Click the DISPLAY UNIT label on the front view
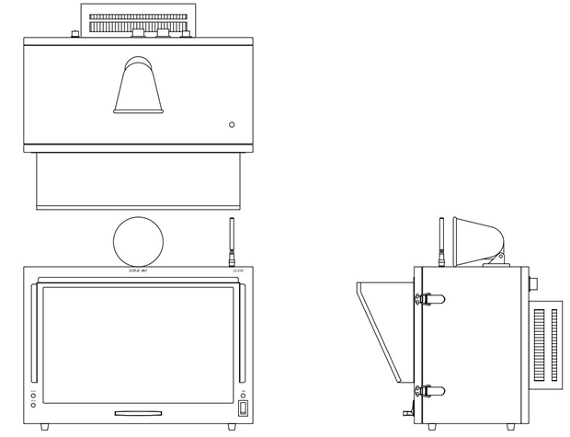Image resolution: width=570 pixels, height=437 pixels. [138, 270]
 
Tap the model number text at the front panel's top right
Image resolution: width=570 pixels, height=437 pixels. [238, 270]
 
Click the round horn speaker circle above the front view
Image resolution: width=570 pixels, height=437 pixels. [138, 242]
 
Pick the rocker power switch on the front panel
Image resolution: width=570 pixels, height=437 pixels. [243, 408]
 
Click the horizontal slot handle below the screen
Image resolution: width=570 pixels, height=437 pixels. [138, 413]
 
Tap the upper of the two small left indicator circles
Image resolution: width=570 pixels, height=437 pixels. [33, 396]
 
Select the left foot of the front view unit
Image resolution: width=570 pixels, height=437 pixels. [45, 427]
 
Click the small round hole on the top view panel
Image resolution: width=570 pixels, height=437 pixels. [232, 124]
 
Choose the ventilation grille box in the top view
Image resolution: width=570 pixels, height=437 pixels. [139, 17]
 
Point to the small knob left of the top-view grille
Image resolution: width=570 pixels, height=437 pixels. [74, 35]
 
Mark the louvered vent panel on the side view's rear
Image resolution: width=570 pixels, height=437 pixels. [546, 345]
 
